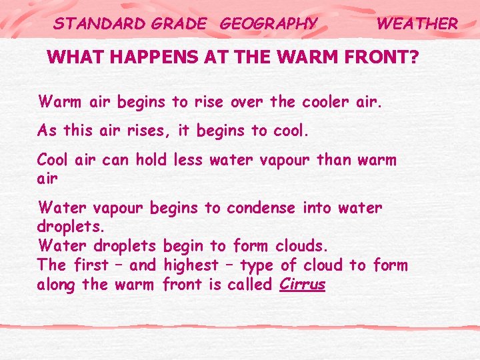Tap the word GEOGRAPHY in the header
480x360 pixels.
point(269,24)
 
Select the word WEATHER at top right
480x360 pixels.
point(417,24)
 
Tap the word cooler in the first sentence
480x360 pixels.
point(323,102)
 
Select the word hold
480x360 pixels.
point(151,160)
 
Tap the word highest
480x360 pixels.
point(191,265)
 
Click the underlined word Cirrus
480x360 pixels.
point(303,285)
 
